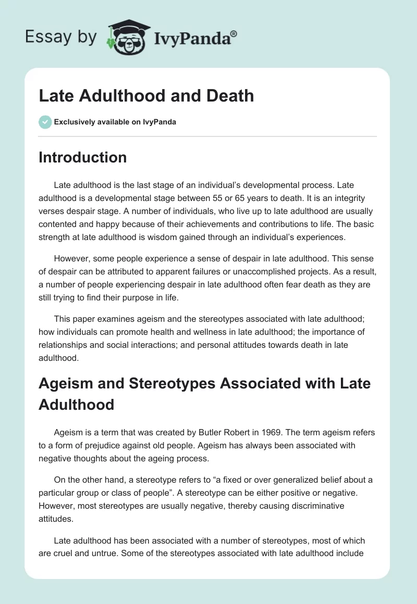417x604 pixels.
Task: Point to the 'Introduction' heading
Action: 82,157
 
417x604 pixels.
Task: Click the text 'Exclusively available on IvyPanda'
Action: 115,122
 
